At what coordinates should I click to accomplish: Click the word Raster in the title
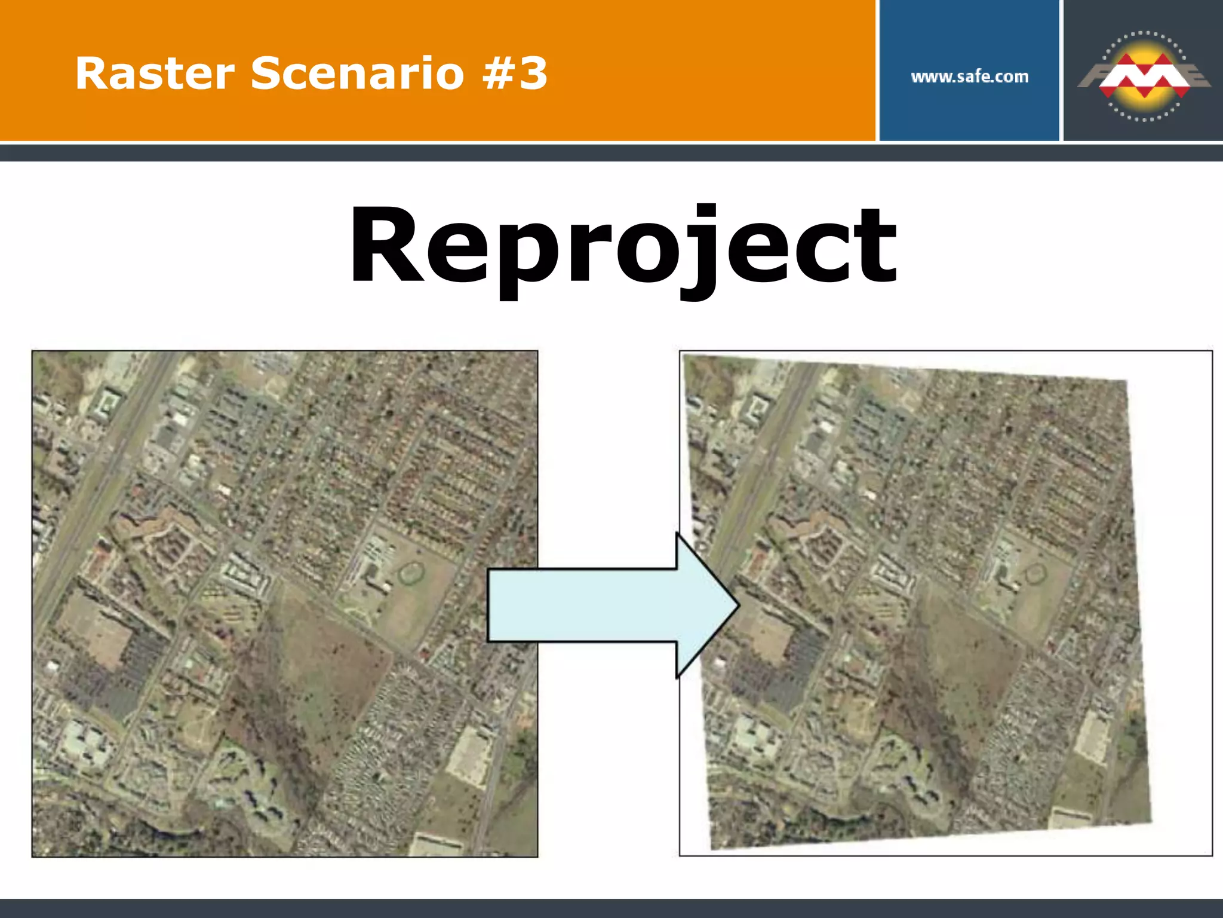point(155,74)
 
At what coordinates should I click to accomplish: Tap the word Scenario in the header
point(357,74)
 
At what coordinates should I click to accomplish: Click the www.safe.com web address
point(969,76)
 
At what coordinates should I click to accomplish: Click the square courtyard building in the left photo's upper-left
point(105,403)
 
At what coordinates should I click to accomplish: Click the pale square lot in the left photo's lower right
point(469,755)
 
